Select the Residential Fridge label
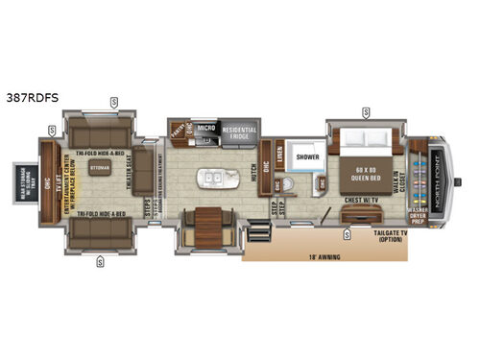coord(240,134)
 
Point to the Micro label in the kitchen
coord(204,130)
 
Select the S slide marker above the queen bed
coord(366,112)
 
